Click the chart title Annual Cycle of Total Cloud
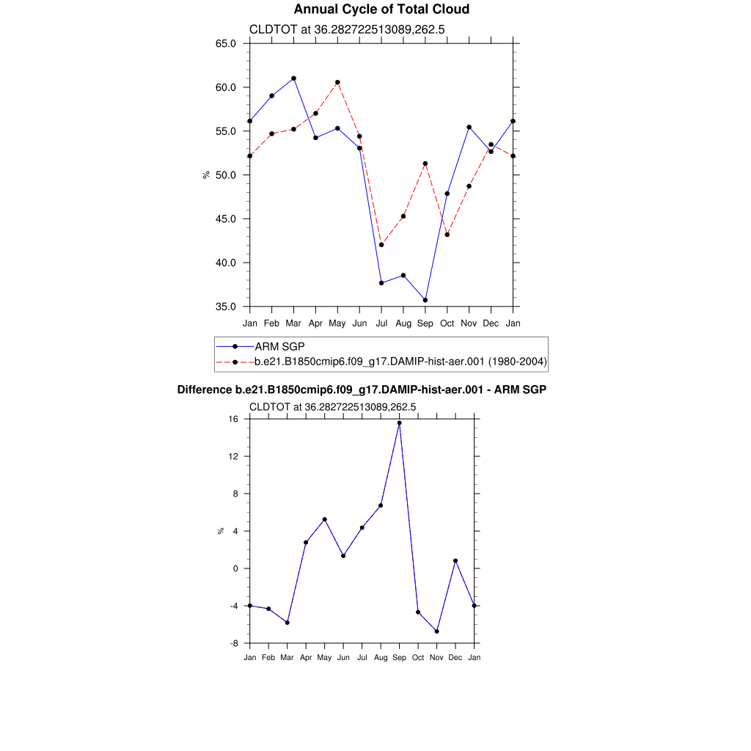pyautogui.click(x=381, y=10)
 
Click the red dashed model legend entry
pyautogui.click(x=400, y=362)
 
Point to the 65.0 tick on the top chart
pyautogui.click(x=225, y=43)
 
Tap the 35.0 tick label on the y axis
pyautogui.click(x=225, y=307)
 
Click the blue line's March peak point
pyautogui.click(x=293, y=78)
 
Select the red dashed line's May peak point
pyautogui.click(x=337, y=82)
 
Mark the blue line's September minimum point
pyautogui.click(x=425, y=300)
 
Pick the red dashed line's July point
pyautogui.click(x=381, y=245)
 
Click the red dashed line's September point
pyautogui.click(x=425, y=164)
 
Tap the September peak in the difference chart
pyautogui.click(x=399, y=422)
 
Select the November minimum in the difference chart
pyautogui.click(x=436, y=631)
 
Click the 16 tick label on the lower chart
pyautogui.click(x=233, y=420)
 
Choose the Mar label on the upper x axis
pyautogui.click(x=293, y=323)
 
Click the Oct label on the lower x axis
pyautogui.click(x=418, y=657)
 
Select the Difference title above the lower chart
pyautogui.click(x=362, y=390)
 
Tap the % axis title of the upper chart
pyautogui.click(x=206, y=175)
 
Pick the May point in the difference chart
pyautogui.click(x=324, y=519)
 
